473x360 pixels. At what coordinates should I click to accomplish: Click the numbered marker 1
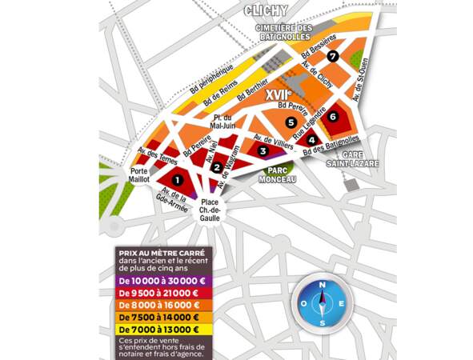178,181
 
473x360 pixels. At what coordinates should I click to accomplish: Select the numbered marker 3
263,150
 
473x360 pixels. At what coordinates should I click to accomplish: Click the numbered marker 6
334,116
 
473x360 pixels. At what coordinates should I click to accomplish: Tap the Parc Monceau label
278,175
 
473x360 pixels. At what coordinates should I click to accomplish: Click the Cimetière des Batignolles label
288,33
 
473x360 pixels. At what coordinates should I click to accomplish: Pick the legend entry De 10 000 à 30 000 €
158,279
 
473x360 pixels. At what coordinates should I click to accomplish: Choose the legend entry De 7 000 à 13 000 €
158,329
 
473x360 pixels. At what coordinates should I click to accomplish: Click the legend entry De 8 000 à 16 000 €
158,304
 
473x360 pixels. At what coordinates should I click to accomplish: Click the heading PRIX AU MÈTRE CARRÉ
155,250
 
